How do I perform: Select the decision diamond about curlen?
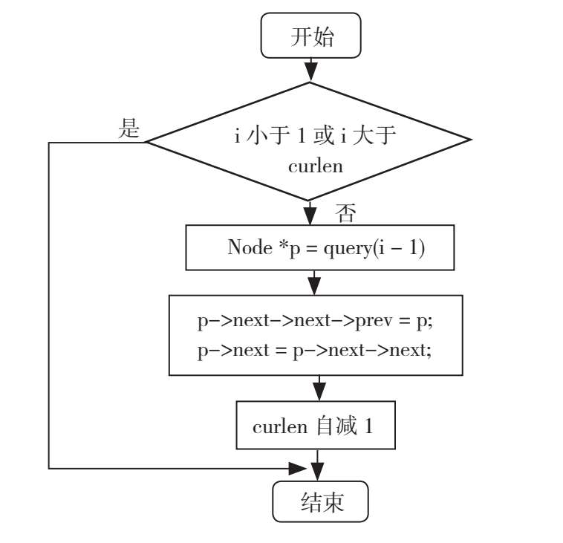click(310, 141)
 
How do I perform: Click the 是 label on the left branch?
click(130, 129)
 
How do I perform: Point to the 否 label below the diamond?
click(346, 215)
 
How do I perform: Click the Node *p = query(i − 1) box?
click(319, 248)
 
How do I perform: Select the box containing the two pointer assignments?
click(316, 335)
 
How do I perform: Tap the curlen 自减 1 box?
click(316, 426)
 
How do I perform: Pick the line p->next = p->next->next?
click(314, 351)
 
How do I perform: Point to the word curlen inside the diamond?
click(316, 165)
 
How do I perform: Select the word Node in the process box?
click(250, 248)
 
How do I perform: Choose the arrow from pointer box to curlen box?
click(319, 389)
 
